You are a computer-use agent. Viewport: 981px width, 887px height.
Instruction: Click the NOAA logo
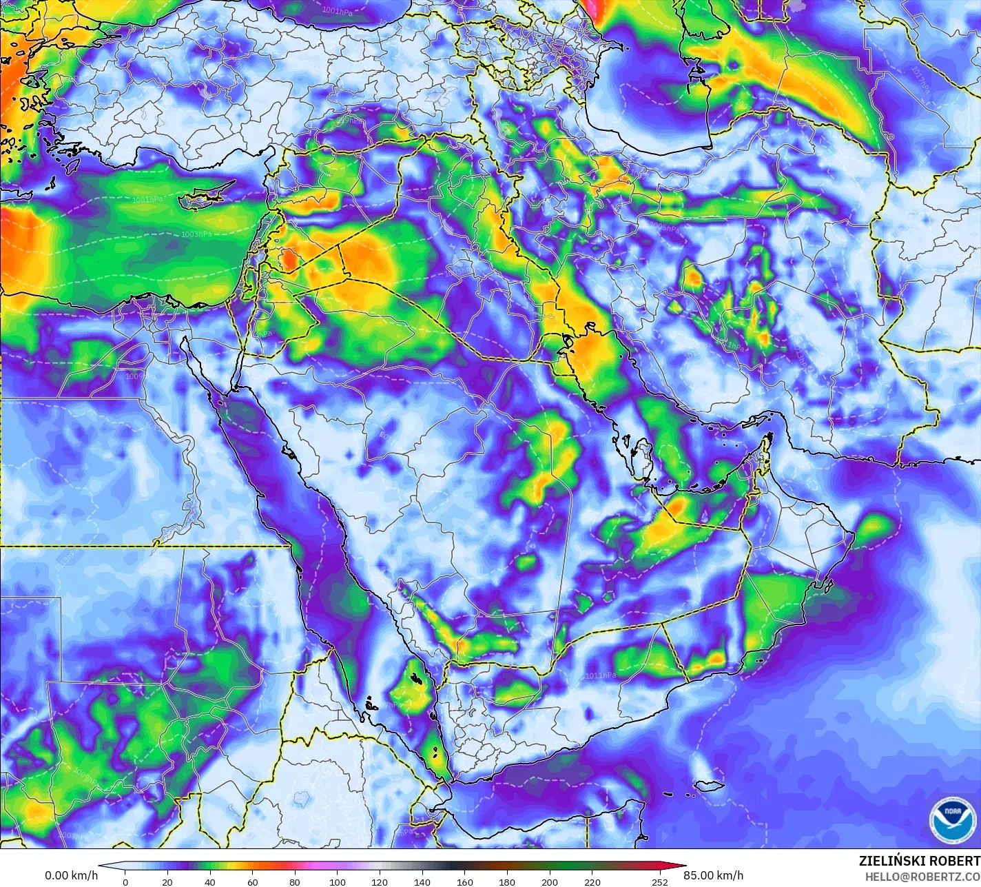click(x=952, y=819)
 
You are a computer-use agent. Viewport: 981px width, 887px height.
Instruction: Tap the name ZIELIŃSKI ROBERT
click(x=919, y=861)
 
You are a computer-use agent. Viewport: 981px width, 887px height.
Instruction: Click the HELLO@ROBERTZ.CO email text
click(x=922, y=876)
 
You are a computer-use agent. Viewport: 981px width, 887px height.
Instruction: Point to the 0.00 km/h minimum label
click(x=71, y=875)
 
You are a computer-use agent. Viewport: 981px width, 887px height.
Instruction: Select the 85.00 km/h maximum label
click(x=713, y=875)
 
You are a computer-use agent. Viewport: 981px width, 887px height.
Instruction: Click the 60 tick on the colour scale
click(x=252, y=881)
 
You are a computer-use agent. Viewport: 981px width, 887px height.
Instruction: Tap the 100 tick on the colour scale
click(x=338, y=881)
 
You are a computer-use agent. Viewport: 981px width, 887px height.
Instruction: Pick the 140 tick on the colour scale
click(x=422, y=881)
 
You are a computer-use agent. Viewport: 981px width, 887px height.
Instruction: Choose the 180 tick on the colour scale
click(x=507, y=881)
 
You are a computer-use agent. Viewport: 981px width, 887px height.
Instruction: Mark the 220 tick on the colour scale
click(x=592, y=881)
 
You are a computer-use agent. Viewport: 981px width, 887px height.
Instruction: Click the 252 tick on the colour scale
click(x=660, y=881)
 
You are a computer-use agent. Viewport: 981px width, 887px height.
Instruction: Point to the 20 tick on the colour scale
click(x=167, y=881)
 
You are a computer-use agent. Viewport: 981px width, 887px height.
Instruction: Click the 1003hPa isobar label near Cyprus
click(x=196, y=234)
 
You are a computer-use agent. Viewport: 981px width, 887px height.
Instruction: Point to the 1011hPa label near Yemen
click(x=600, y=676)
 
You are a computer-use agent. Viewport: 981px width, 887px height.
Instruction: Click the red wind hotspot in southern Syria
click(x=290, y=261)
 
